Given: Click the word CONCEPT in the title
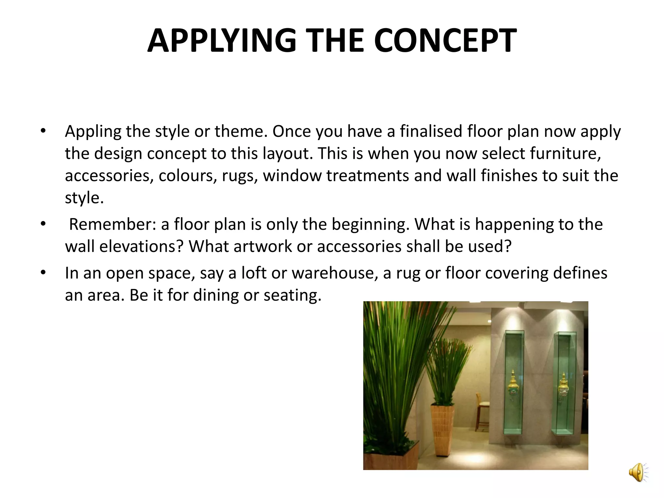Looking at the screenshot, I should pos(445,41).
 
